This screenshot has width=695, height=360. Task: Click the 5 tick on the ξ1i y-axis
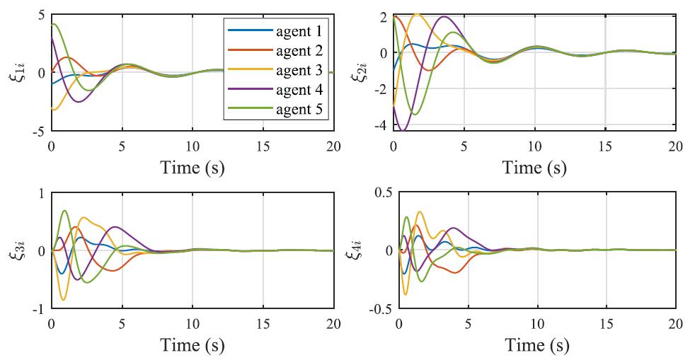41,15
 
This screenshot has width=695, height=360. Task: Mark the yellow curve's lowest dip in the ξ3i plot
64,300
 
